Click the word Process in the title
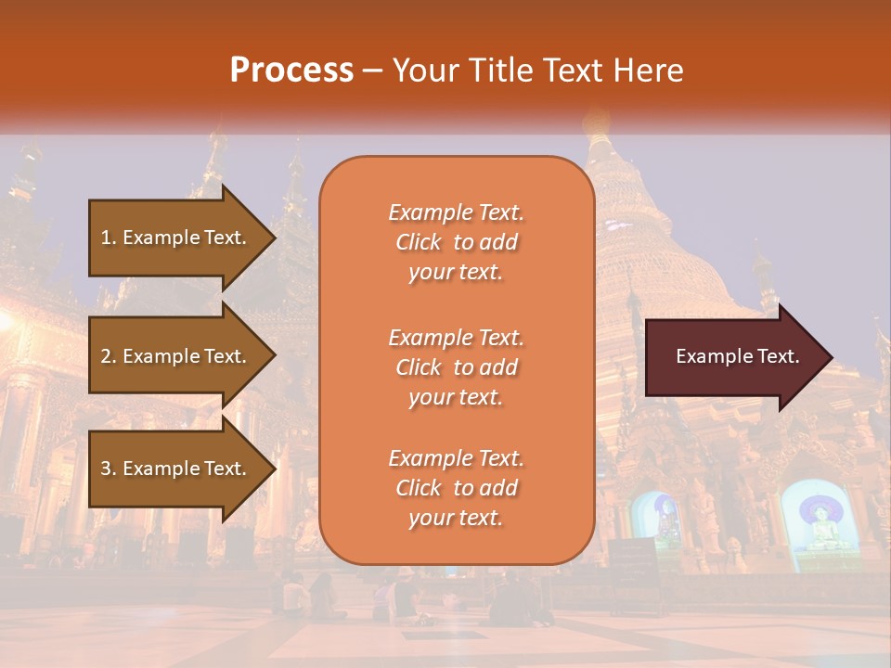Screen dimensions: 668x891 point(291,70)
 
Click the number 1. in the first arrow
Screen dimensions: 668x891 point(109,238)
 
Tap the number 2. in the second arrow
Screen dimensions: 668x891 point(109,356)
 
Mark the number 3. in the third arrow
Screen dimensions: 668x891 point(109,469)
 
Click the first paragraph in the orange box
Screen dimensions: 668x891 point(456,242)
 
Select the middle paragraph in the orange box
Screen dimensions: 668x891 point(456,367)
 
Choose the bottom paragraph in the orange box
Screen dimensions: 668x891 point(456,488)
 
